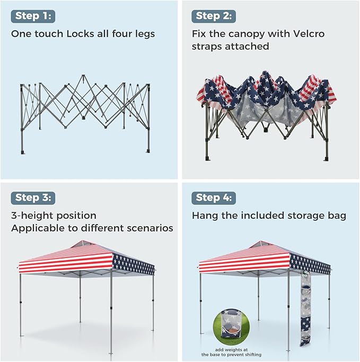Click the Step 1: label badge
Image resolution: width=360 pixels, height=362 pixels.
(33, 16)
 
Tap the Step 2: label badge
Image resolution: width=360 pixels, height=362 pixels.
(214, 16)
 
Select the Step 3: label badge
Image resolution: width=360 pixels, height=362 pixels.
(33, 198)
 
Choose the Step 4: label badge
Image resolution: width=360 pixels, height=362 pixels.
(214, 198)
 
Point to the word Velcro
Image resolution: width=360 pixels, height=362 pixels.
(309, 34)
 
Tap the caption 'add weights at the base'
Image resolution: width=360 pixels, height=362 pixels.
(231, 352)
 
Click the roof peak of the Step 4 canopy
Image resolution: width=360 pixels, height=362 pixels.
(261, 242)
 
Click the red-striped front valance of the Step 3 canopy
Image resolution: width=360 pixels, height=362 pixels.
(66, 263)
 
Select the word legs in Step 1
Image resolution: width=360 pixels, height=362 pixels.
(145, 35)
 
